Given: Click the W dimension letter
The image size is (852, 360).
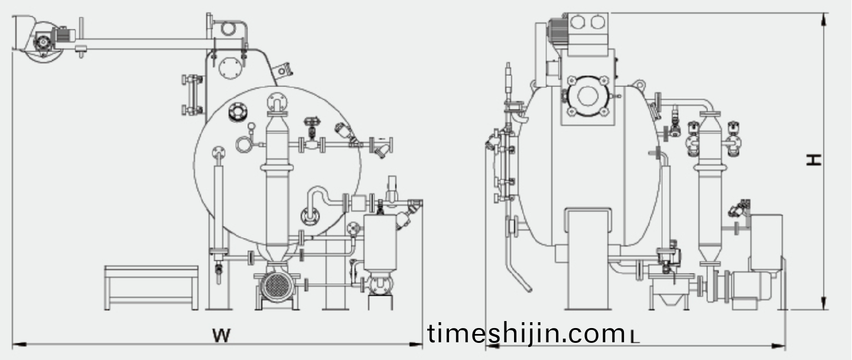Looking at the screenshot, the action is pos(222,335).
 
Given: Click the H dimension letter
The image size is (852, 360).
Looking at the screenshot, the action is pos(814,160).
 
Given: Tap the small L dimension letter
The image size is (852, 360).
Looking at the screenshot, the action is pos(635,337).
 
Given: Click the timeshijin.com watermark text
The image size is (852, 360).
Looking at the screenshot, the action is pos(526,333).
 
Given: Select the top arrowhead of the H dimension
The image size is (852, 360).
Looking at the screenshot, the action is pos(824,20).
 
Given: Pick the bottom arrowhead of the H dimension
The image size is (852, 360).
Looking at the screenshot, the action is pos(824,303).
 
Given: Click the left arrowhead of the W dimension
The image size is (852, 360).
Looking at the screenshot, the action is pos(19,345).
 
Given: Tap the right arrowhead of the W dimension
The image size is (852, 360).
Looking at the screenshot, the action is pos(416,345).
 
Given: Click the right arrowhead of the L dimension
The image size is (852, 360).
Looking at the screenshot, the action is pos(778,346).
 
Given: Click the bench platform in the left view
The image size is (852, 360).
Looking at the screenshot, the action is pos(151,287).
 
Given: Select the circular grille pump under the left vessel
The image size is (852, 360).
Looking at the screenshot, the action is pos(277,285).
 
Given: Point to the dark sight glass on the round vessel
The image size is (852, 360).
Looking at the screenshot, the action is pos(238,112).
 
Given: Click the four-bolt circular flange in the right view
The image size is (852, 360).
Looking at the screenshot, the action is pos(588,96).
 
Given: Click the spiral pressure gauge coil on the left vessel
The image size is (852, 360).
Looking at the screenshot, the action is pos(243,145).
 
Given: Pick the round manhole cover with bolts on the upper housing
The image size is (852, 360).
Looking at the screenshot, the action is pos(230,69).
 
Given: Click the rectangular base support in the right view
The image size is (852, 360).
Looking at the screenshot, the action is pos(588,259).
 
